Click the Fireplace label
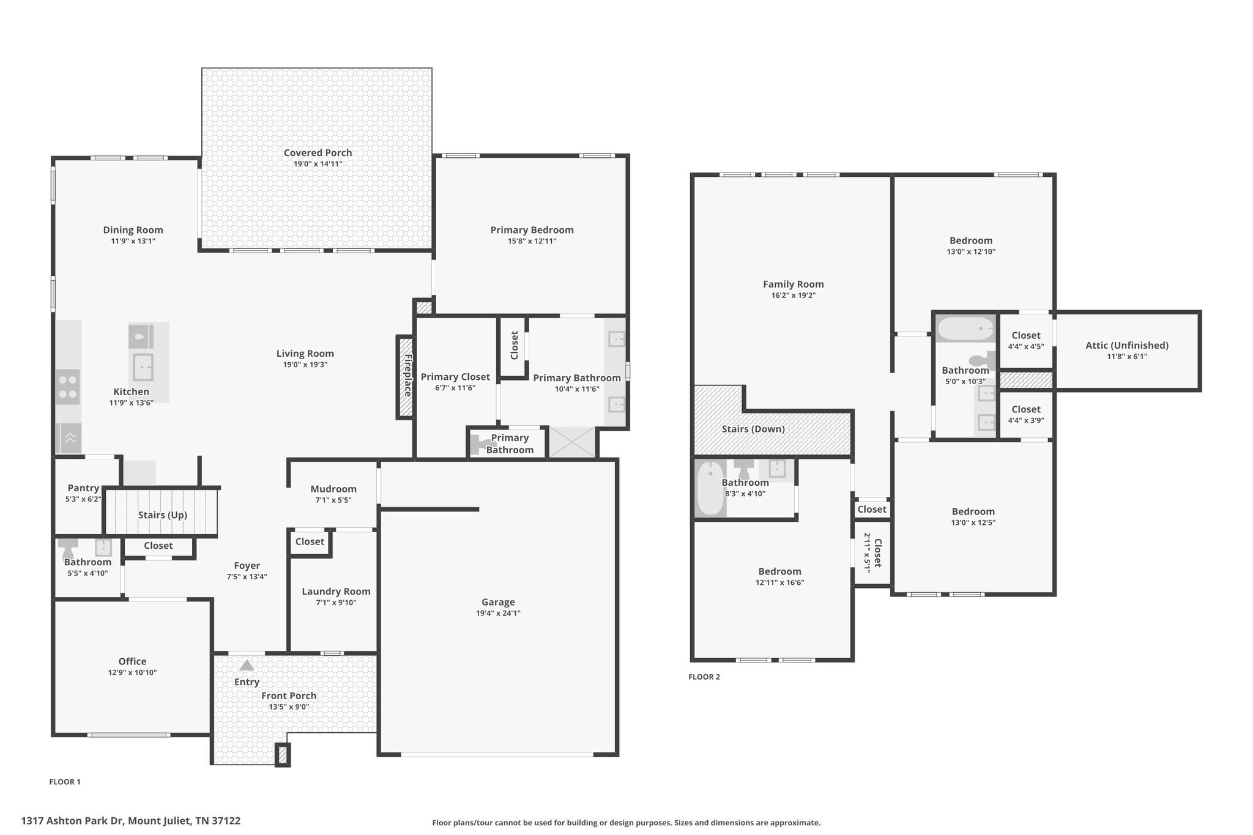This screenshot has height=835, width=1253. pos(407,375)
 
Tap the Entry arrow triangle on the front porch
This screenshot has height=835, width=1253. pos(247,665)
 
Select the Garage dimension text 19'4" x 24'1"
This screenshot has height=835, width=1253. pos(498,614)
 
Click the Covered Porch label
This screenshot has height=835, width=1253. pos(318,153)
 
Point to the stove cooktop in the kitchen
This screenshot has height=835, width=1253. pos(68,387)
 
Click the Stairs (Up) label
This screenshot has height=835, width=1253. pos(163,515)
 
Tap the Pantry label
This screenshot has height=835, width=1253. pos(83,488)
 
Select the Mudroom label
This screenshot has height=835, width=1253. pos(333,489)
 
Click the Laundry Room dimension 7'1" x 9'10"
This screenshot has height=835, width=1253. pos(336,603)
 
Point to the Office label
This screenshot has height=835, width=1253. pos(132,661)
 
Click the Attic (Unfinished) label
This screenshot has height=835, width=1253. pos(1127,346)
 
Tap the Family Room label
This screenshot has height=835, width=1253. pos(794,284)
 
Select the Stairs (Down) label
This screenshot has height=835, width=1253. pos(753,429)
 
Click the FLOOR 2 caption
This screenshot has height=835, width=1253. pos(704,677)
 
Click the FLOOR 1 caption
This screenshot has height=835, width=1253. pos(65,782)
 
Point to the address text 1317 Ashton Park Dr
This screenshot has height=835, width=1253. pos(73,821)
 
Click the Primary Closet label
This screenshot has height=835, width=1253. pos(455,377)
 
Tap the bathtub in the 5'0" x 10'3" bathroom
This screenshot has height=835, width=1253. pos(965,329)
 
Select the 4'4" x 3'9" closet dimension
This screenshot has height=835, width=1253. pos(1026,420)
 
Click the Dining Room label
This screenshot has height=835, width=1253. pos(133,230)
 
